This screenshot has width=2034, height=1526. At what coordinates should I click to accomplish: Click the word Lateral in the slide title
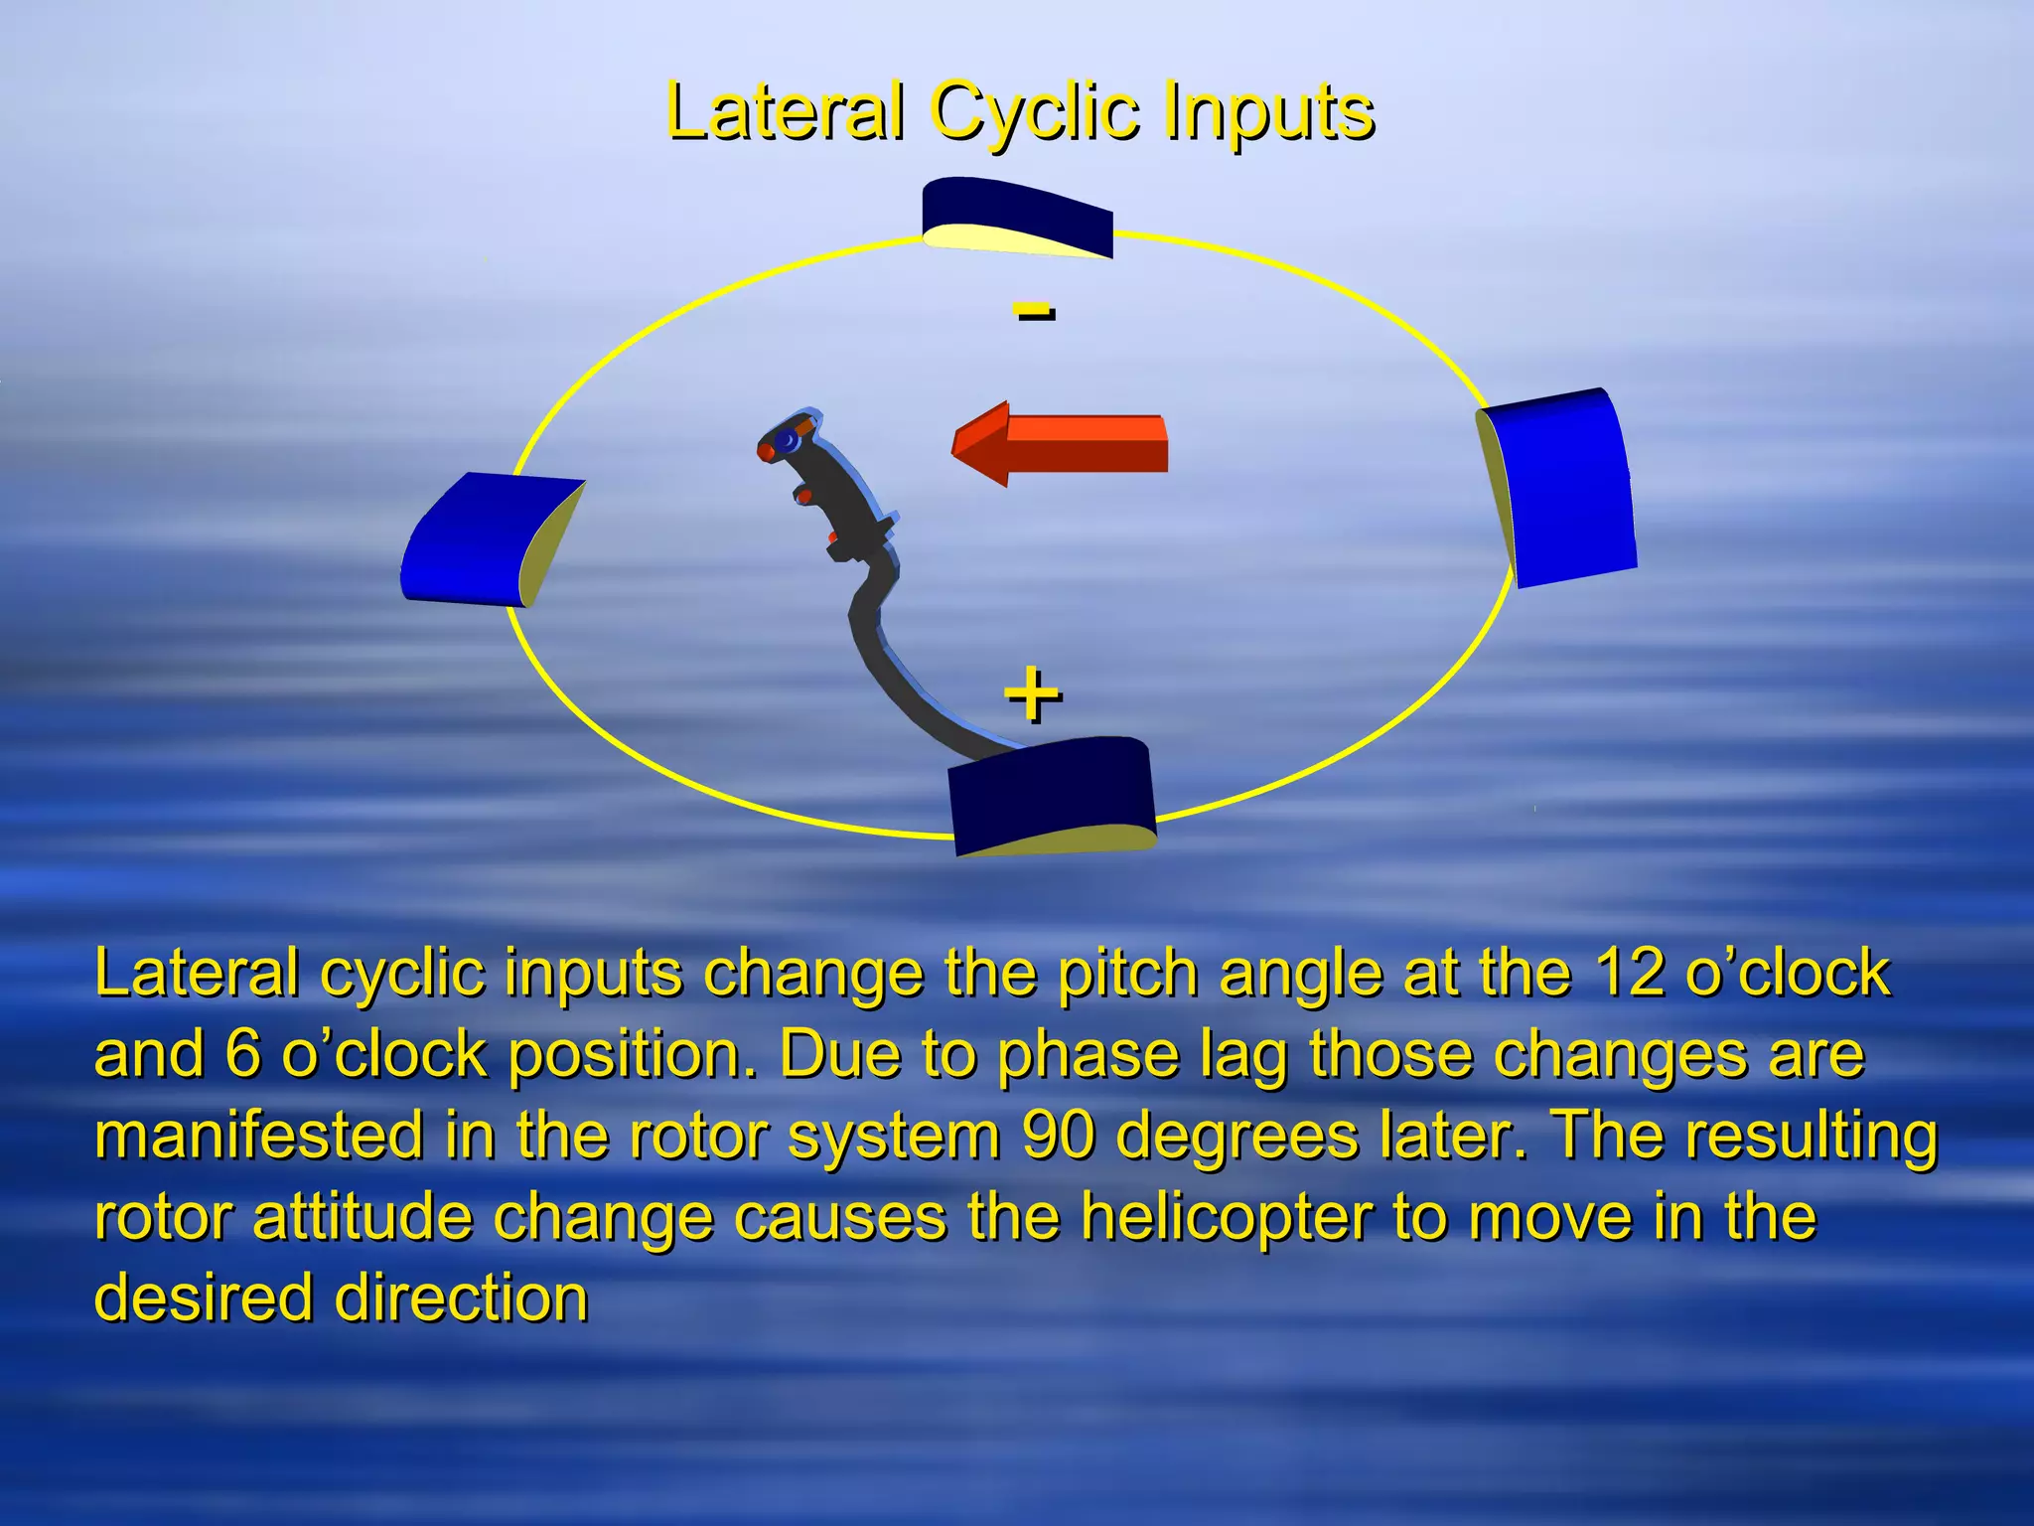[x=785, y=111]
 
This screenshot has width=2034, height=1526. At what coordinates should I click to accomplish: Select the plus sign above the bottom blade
[x=1033, y=694]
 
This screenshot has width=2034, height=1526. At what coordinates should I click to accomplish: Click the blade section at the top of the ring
[x=1015, y=217]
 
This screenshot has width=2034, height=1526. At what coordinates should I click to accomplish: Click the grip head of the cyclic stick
[x=790, y=442]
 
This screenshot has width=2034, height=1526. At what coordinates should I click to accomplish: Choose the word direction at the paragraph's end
[x=461, y=1297]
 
